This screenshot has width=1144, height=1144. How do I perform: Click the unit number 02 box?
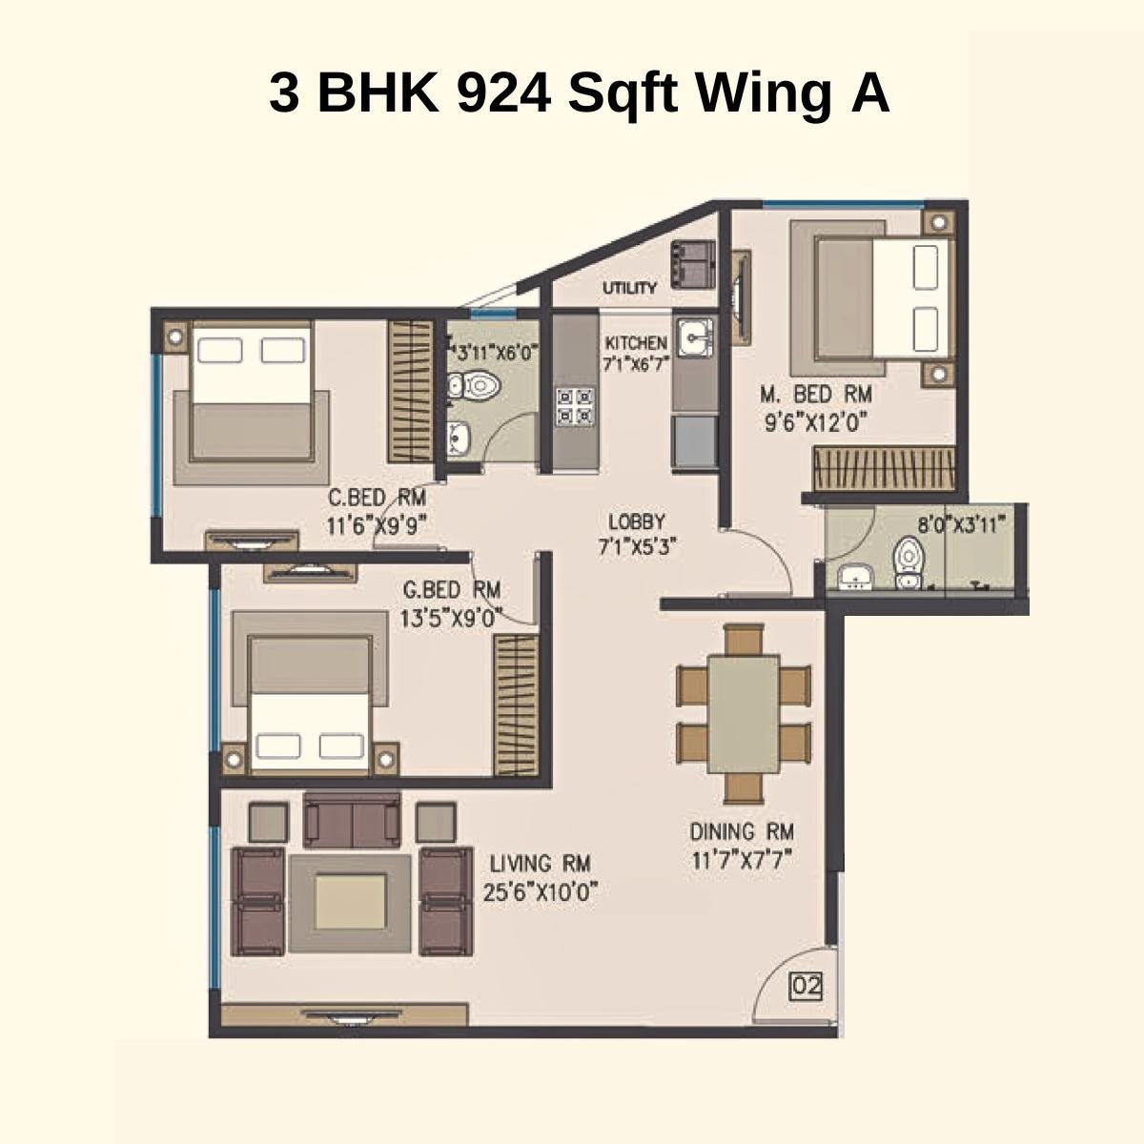pos(806,986)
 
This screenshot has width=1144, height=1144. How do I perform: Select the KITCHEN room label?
pos(636,342)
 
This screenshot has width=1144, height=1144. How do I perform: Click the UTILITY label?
pos(628,288)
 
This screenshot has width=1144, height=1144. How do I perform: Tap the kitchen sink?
pos(693,337)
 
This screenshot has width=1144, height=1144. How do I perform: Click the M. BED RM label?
pos(815,394)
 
